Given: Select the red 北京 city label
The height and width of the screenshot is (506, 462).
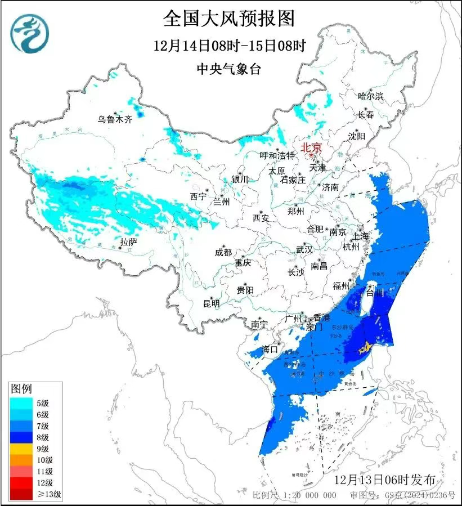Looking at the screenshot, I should [x=311, y=147].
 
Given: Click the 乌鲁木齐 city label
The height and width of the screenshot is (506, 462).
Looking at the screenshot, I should [x=114, y=119].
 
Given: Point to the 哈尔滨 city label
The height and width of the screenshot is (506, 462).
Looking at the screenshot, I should [x=370, y=96].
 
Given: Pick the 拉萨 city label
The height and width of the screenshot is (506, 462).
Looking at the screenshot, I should [x=128, y=242].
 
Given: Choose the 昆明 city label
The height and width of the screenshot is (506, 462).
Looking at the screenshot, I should [x=212, y=303].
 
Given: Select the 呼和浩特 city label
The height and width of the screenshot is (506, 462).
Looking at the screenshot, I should [x=277, y=155].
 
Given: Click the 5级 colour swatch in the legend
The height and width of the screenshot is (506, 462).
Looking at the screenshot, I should [x=23, y=402].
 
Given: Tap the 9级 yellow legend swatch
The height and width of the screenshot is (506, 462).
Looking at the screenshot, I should [x=23, y=449].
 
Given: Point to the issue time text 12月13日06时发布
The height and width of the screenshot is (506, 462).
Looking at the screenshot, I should [x=384, y=480].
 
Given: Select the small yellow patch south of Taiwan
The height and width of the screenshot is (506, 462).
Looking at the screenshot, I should [x=365, y=348].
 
